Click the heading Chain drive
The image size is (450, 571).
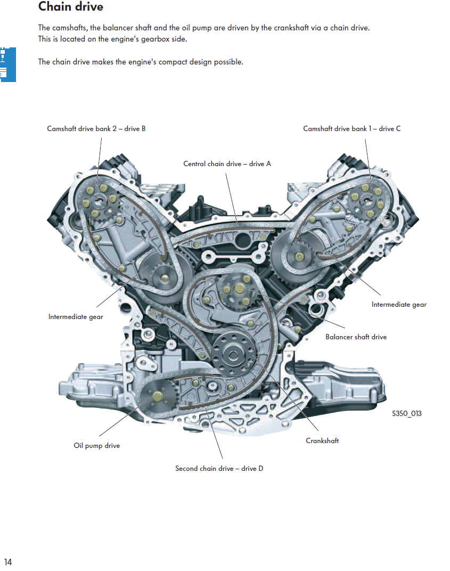tap(71, 7)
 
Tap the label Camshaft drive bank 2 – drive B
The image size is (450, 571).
tap(96, 128)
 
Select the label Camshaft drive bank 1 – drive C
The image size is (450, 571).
tap(351, 128)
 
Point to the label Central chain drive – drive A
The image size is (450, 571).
tap(227, 164)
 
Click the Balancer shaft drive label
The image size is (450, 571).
tap(356, 337)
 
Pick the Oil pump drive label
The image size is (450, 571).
tap(96, 445)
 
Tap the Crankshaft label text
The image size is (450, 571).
tap(322, 441)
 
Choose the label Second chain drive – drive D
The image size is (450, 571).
tap(219, 468)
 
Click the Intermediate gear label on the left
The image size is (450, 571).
tap(76, 316)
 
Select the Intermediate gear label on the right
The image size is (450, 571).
tap(399, 304)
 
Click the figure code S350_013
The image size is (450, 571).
tap(406, 413)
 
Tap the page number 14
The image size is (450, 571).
tap(8, 562)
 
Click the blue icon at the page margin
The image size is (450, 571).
tap(7, 64)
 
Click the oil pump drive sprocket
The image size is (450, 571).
tap(156, 397)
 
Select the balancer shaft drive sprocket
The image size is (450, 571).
tap(238, 290)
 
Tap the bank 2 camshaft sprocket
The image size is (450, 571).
tap(99, 201)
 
